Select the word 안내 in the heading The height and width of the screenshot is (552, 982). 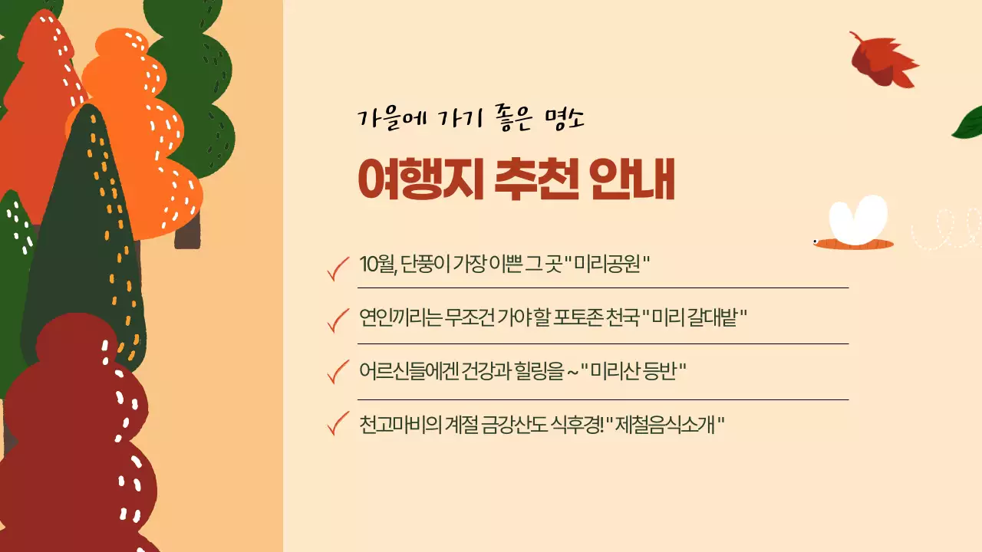[632, 181]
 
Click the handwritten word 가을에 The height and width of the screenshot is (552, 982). [390, 120]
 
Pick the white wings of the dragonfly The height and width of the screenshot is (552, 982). [858, 219]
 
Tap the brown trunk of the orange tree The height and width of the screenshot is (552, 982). [187, 229]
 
